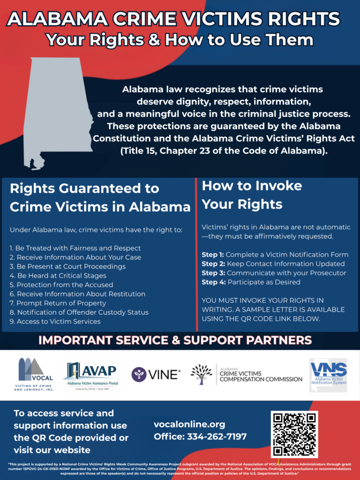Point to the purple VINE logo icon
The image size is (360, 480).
pyautogui.click(x=139, y=375)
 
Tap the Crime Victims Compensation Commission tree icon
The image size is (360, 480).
pyautogui.click(x=201, y=374)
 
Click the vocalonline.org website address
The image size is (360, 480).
pyautogui.click(x=189, y=424)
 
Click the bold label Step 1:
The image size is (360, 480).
pyautogui.click(x=213, y=255)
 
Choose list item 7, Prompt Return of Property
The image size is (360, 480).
pyautogui.click(x=58, y=303)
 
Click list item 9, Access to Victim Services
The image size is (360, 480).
pyautogui.click(x=55, y=321)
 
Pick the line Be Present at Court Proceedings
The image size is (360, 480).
pyautogui.click(x=68, y=266)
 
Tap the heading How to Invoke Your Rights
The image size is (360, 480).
pyautogui.click(x=252, y=195)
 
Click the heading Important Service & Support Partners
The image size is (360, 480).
pyautogui.click(x=175, y=340)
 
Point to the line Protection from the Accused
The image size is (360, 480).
pyautogui.click(x=61, y=285)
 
